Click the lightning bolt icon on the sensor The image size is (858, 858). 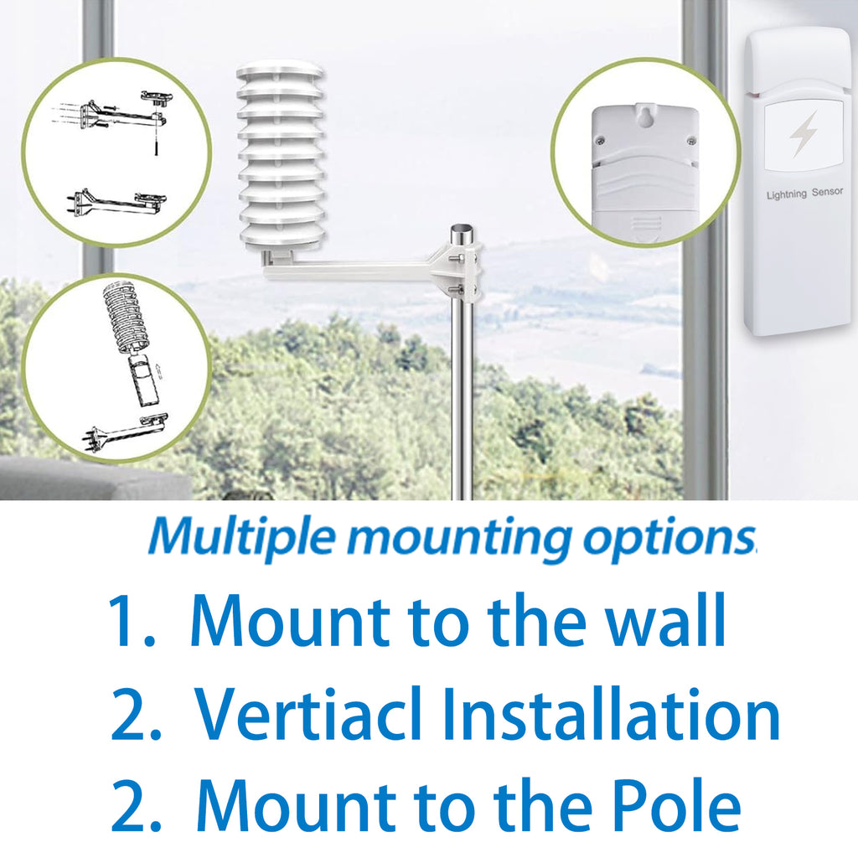pos(804,134)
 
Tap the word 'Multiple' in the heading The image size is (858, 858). pos(244,535)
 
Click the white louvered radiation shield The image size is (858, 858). pos(281,155)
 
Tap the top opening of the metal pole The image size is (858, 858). pos(461,229)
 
